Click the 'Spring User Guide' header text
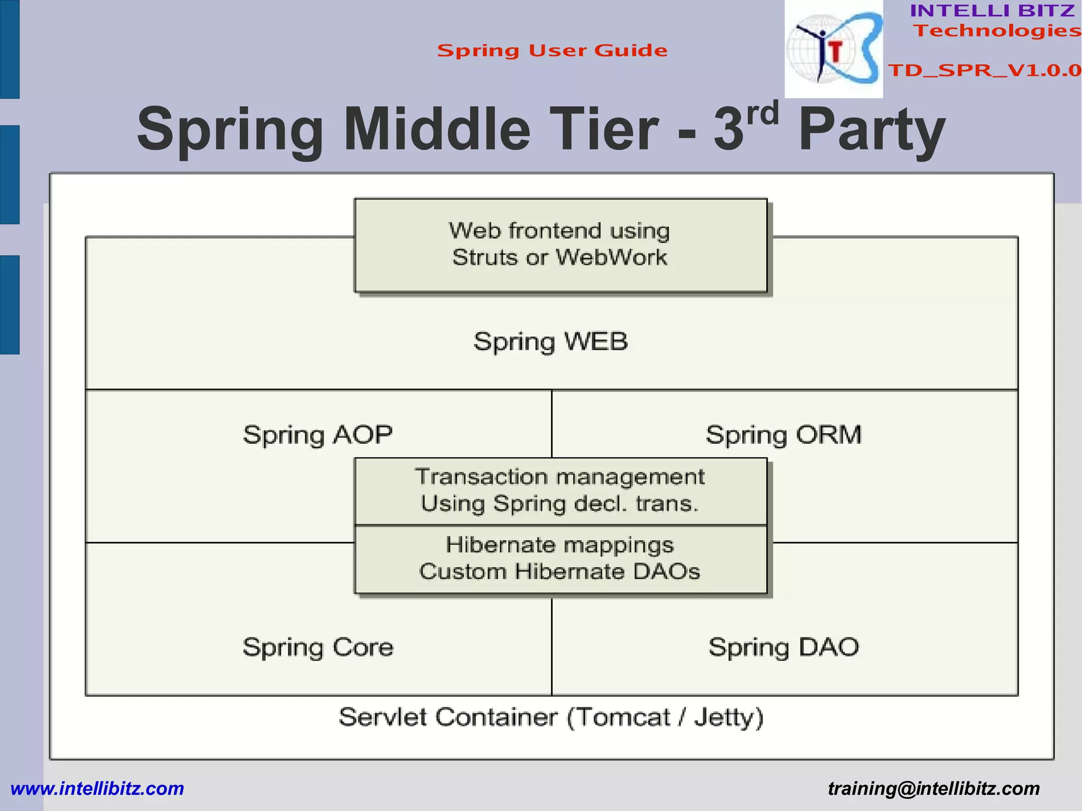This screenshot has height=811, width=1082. tap(552, 51)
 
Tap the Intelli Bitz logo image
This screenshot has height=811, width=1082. tap(833, 49)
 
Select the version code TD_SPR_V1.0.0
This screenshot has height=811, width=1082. tap(984, 70)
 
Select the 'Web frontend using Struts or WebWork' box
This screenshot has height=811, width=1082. tap(560, 245)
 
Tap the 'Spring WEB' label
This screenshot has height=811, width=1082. tap(551, 341)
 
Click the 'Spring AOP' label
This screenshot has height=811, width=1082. tap(318, 435)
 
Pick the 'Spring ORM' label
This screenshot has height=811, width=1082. tap(783, 435)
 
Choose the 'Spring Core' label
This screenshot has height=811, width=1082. tap(318, 647)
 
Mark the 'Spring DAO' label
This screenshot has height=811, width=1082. tap(783, 647)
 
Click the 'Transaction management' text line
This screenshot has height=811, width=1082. tap(559, 477)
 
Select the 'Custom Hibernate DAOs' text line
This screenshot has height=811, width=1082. tap(559, 572)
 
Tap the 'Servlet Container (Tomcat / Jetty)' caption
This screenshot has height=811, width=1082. tap(551, 717)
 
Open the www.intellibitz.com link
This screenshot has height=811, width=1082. tap(97, 788)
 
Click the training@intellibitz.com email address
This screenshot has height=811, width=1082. tap(934, 788)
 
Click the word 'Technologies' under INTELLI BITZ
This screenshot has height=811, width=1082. tap(997, 31)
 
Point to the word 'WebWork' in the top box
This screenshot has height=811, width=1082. tap(611, 258)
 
